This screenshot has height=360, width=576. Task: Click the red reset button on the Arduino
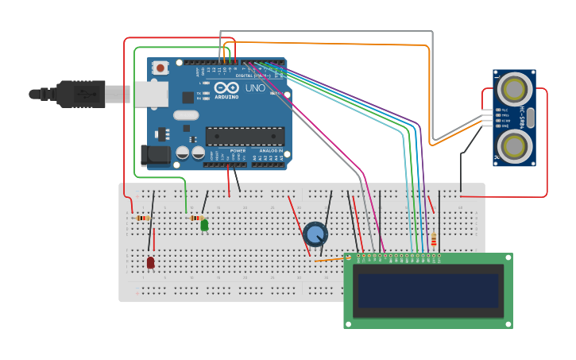(x=160, y=68)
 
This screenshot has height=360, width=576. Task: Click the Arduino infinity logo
(x=226, y=88)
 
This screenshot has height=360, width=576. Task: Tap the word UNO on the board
(x=255, y=88)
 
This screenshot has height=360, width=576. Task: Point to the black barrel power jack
(x=155, y=154)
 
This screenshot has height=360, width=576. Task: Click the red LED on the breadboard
(x=150, y=261)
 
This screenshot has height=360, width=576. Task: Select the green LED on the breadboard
(x=204, y=226)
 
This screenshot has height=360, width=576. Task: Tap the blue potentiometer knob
(x=315, y=234)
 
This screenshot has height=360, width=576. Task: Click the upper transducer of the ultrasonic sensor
(x=515, y=87)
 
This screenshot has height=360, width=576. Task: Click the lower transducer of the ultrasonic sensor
(x=515, y=145)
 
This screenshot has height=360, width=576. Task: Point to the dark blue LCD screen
(x=428, y=291)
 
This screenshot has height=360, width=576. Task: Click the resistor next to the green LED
(x=196, y=218)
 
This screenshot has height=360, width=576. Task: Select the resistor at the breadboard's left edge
(x=143, y=218)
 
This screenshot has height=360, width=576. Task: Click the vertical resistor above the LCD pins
(x=434, y=238)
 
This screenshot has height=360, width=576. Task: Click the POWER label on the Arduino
(x=238, y=150)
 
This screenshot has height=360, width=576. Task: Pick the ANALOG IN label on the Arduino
(x=270, y=150)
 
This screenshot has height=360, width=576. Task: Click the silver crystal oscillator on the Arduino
(x=186, y=115)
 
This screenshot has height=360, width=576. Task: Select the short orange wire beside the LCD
(x=329, y=259)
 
